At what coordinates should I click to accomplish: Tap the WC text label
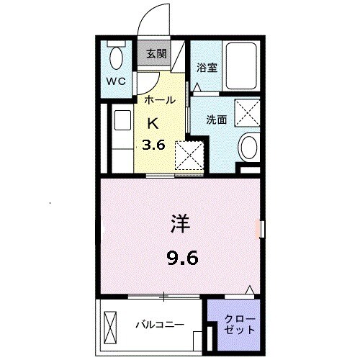coord(117,81)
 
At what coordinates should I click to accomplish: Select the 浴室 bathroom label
coord(207,69)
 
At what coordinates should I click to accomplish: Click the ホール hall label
coord(159,100)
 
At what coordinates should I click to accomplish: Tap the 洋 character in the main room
coord(181,224)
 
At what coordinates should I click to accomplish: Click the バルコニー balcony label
coord(159,325)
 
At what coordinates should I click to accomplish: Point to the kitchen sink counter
coord(120,137)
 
